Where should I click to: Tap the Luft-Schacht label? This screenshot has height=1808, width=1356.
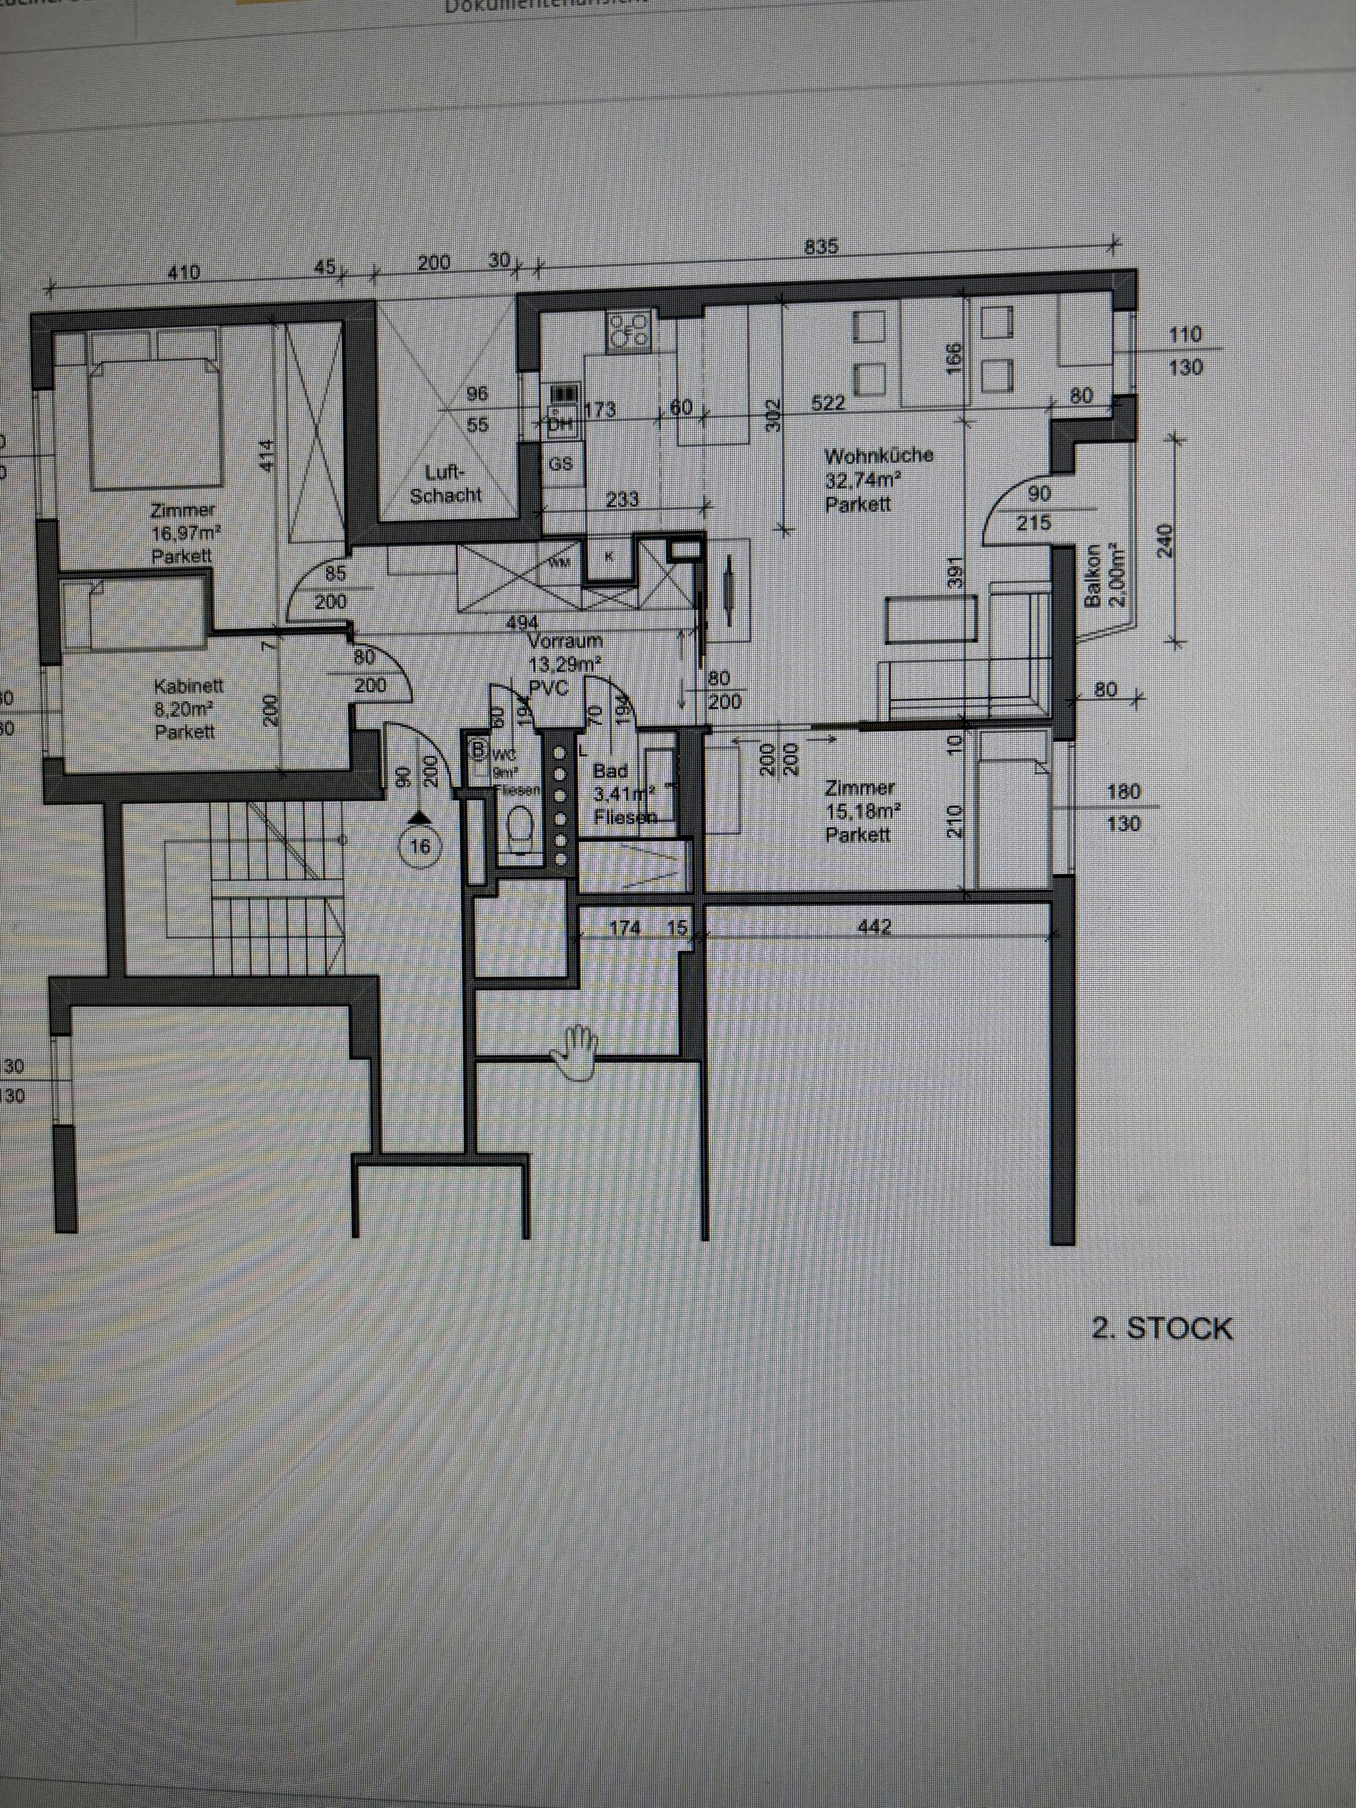pyautogui.click(x=446, y=484)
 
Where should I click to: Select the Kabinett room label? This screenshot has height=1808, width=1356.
pyautogui.click(x=187, y=708)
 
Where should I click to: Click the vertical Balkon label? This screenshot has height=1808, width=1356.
pyautogui.click(x=1104, y=576)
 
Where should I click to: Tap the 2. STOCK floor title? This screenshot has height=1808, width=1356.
pyautogui.click(x=1161, y=1328)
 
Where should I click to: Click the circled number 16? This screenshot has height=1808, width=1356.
pyautogui.click(x=419, y=846)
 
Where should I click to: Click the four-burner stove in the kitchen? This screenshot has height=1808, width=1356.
pyautogui.click(x=628, y=330)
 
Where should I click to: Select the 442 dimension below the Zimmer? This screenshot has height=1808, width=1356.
pyautogui.click(x=874, y=927)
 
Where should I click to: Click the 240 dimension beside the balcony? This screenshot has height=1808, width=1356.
pyautogui.click(x=1165, y=540)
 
